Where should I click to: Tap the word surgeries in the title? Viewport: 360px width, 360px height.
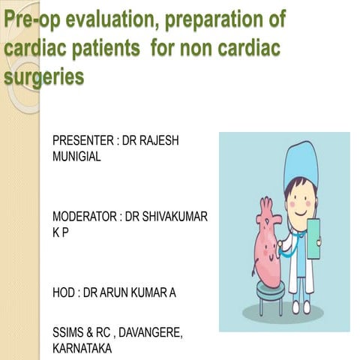43,77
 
